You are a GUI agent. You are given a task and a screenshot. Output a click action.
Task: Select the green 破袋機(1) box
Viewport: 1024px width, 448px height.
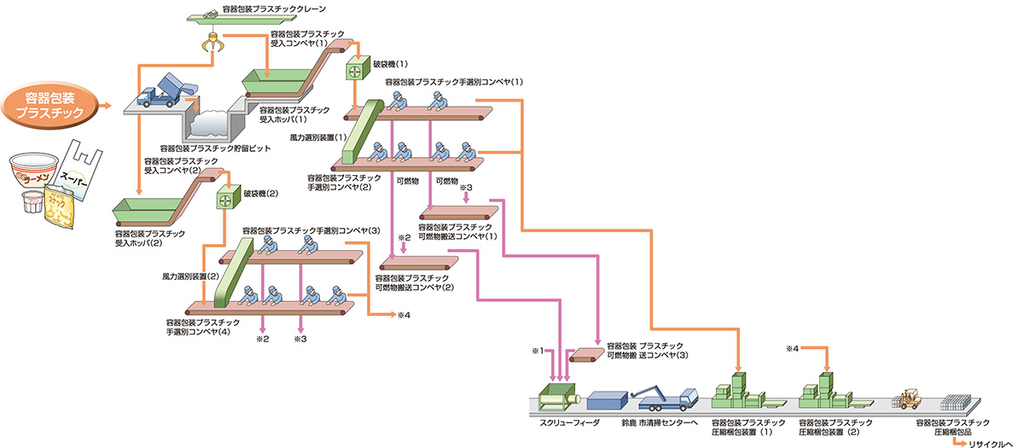[x=353, y=70]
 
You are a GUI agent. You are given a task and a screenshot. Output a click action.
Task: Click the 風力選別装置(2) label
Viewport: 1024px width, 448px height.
[x=190, y=276]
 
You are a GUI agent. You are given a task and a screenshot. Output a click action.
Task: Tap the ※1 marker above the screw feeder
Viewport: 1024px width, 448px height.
[x=537, y=351]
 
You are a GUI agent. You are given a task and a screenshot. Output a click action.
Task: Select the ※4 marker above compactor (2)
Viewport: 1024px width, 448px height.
[x=794, y=349]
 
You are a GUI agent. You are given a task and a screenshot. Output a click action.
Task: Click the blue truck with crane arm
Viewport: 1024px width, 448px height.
[x=666, y=397]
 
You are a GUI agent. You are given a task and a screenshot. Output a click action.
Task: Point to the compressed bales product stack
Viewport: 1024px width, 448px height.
[x=959, y=401]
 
